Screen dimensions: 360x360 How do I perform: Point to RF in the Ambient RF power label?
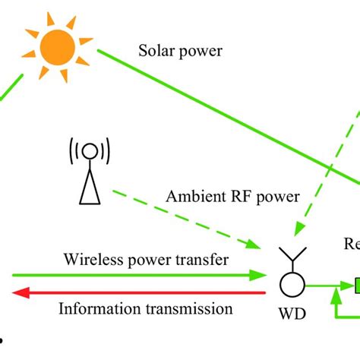[x=237, y=197]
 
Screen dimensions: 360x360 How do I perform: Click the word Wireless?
[x=89, y=261]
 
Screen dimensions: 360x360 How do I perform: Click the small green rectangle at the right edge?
[x=355, y=286]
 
